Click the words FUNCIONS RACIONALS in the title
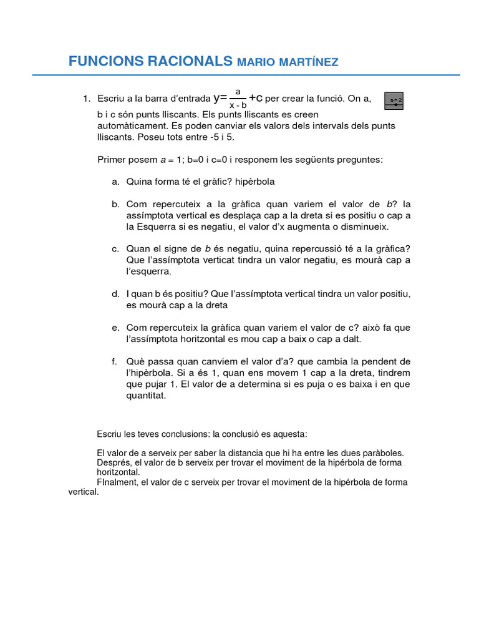click(150, 61)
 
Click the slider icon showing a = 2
click(394, 100)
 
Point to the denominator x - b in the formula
click(238, 105)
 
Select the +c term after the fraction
click(256, 98)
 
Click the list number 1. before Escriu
click(87, 99)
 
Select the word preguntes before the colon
click(360, 160)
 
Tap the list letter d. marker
click(115, 294)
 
